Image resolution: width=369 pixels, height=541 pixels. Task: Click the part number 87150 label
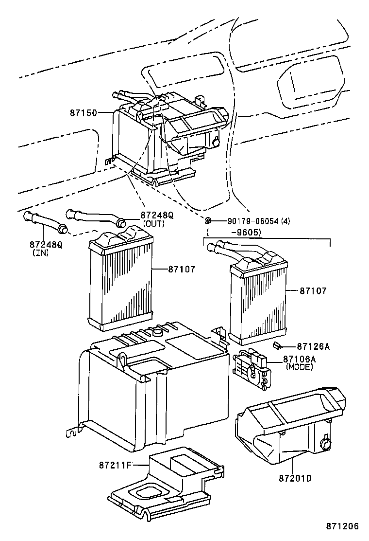tap(83, 112)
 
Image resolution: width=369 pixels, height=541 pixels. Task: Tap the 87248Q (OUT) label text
tap(157, 215)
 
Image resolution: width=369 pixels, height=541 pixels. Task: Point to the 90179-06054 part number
tap(253, 220)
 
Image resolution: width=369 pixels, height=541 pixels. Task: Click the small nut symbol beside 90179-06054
tap(207, 220)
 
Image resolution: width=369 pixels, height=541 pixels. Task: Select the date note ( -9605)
tap(233, 232)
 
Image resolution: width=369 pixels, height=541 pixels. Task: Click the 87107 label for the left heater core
tap(182, 268)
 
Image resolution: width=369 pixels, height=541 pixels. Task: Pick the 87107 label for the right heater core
tap(313, 290)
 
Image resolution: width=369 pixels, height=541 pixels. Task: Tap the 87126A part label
tap(313, 346)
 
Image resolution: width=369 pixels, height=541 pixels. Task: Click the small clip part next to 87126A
tap(277, 345)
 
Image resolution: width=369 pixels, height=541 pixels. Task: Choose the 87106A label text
tap(300, 359)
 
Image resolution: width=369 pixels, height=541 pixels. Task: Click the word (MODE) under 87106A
tap(300, 367)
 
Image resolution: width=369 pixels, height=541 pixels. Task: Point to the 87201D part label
tap(295, 478)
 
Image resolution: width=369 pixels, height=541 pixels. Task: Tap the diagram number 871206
tap(342, 526)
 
